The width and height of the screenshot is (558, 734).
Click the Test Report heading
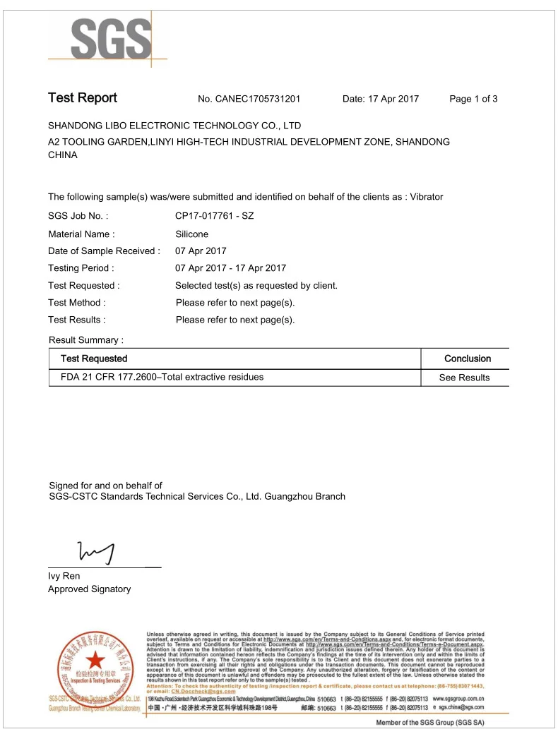click(x=83, y=98)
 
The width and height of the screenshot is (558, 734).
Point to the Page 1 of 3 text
click(x=473, y=99)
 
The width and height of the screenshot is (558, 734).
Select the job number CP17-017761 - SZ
click(x=214, y=216)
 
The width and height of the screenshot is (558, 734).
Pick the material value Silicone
click(x=191, y=234)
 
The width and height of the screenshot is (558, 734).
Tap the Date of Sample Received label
click(x=104, y=251)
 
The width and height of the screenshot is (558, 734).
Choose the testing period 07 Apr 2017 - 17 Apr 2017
click(x=230, y=268)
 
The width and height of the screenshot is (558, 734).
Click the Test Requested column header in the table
click(x=94, y=359)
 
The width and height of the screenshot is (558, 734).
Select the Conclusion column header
click(x=467, y=359)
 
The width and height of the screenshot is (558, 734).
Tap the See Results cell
click(x=464, y=378)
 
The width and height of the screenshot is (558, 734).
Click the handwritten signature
click(x=97, y=552)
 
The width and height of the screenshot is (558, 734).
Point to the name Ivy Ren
click(x=64, y=576)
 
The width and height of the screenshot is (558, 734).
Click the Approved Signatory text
click(x=89, y=589)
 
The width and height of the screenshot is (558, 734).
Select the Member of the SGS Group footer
click(x=429, y=723)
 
